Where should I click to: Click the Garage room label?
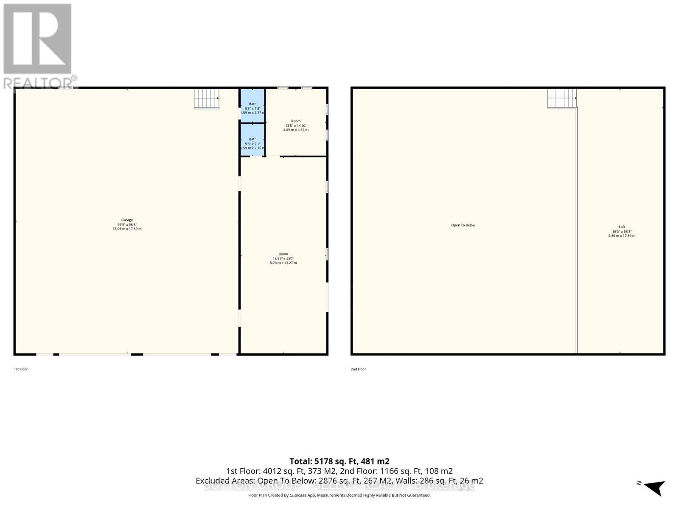pyautogui.click(x=127, y=220)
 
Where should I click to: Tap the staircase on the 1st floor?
pyautogui.click(x=207, y=98)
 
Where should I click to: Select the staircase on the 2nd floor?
pyautogui.click(x=561, y=98)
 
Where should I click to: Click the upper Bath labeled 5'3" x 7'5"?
pyautogui.click(x=253, y=108)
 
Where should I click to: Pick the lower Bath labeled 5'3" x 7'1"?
pyautogui.click(x=253, y=143)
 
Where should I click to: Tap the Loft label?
pyautogui.click(x=622, y=227)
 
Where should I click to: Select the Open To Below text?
pyautogui.click(x=463, y=225)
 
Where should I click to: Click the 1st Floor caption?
pyautogui.click(x=21, y=369)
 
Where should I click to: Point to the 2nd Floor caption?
pyautogui.click(x=358, y=369)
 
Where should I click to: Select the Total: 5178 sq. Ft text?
pyautogui.click(x=339, y=461)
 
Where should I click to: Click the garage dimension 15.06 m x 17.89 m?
pyautogui.click(x=127, y=229)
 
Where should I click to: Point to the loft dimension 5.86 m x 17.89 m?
pyautogui.click(x=622, y=236)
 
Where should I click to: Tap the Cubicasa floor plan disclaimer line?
pyautogui.click(x=339, y=495)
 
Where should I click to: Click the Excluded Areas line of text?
pyautogui.click(x=339, y=481)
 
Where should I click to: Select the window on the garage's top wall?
pyautogui.click(x=66, y=88)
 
